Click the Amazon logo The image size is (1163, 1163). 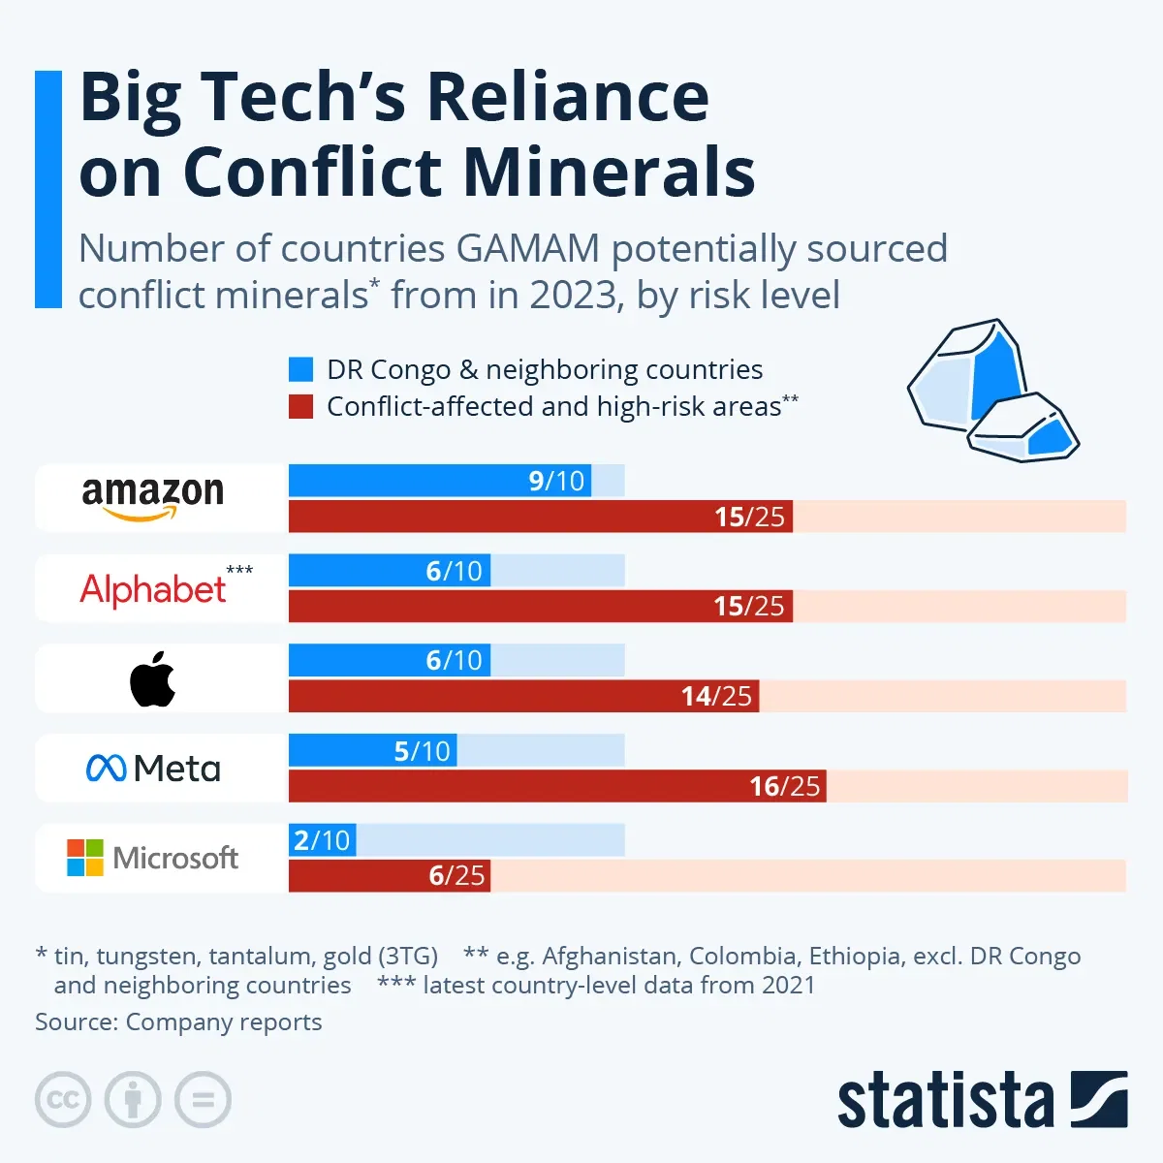153,497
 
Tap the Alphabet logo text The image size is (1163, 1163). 153,589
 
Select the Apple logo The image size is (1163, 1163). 153,678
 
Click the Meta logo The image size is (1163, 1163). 153,769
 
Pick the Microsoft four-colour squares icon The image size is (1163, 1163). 85,858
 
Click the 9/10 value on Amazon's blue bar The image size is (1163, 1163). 556,481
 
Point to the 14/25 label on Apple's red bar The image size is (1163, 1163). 716,696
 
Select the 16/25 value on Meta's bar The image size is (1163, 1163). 784,786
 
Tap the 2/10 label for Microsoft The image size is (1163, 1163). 321,840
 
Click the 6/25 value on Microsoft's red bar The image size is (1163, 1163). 456,876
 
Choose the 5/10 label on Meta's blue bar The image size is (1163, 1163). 422,751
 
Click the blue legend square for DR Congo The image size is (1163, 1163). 301,369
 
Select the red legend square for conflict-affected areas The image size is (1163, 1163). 301,406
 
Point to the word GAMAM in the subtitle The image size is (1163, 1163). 527,249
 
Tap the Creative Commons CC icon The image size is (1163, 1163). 63,1100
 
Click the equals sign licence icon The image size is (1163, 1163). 204,1100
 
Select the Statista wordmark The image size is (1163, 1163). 945,1101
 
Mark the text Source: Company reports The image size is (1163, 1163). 178,1022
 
